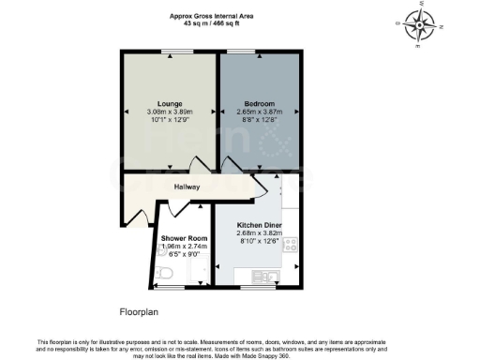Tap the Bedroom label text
(259, 102)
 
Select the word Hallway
(187, 187)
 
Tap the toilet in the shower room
(163, 273)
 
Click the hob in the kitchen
(292, 246)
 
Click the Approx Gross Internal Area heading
(210, 15)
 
